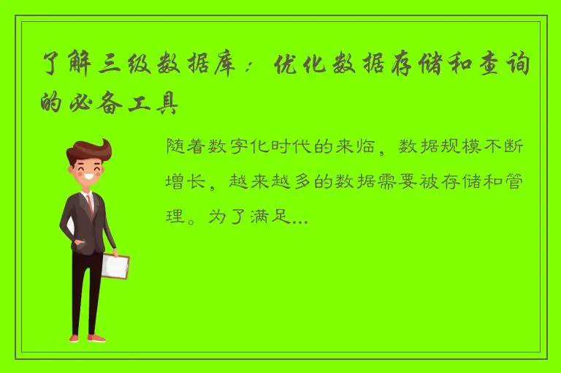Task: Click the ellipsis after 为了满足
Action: [x=298, y=217]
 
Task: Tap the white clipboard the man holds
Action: [x=115, y=266]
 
